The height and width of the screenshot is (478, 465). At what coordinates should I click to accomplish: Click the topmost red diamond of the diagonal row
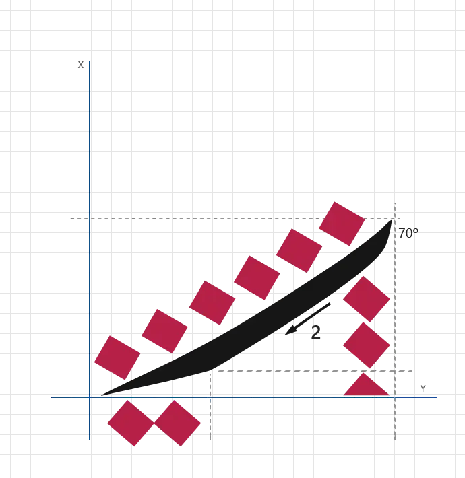[342, 223]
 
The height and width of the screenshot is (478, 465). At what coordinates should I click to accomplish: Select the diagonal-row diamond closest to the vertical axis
[116, 357]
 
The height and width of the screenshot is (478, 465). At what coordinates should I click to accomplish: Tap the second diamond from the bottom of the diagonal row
[164, 331]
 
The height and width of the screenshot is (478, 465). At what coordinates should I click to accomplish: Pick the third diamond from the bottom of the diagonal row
[212, 302]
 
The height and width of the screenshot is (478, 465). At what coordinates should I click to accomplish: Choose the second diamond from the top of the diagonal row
[299, 250]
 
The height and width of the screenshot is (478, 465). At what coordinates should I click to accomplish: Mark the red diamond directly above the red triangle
[366, 345]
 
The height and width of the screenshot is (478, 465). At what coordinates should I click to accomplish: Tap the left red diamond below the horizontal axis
[131, 423]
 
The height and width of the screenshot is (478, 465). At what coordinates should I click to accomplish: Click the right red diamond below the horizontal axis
[177, 423]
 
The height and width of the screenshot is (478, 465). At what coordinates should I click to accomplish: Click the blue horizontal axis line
[270, 397]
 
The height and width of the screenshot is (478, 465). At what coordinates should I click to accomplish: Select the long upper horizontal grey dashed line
[202, 218]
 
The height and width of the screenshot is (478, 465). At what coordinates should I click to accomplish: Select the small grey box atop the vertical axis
[82, 65]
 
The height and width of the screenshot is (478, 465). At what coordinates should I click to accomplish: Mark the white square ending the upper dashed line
[67, 218]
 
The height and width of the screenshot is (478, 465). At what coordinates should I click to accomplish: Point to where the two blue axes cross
[90, 397]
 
